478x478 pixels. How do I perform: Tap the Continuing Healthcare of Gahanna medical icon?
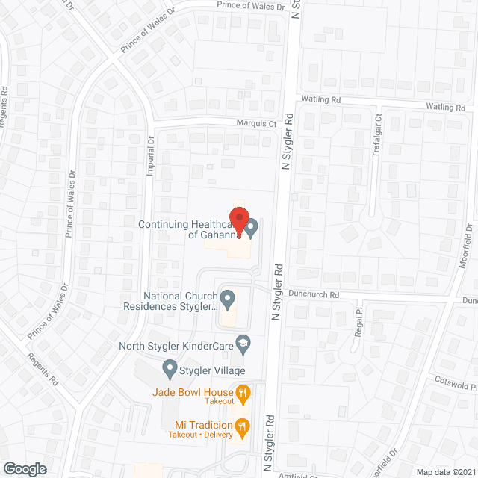click(x=252, y=226)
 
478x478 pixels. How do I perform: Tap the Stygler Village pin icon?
click(x=169, y=368)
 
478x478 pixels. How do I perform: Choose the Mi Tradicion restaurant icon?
click(x=242, y=427)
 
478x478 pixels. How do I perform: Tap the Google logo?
click(x=24, y=468)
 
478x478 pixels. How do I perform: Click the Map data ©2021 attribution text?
click(x=444, y=471)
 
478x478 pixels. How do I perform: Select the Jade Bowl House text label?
click(x=193, y=391)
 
